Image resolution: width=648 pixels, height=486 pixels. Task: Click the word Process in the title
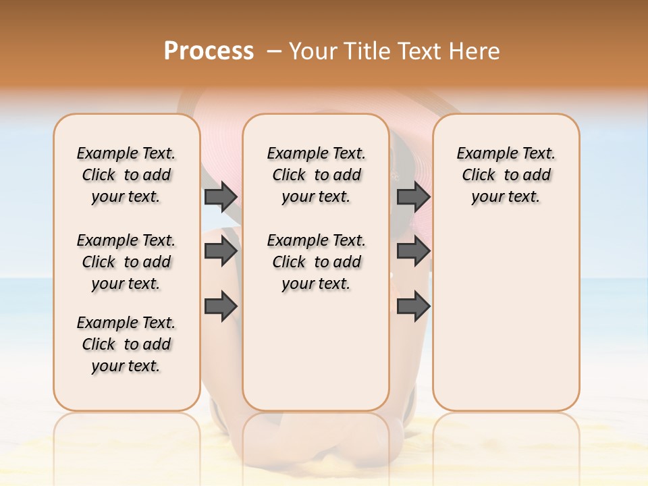(209, 51)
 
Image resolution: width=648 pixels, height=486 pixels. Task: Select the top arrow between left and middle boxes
(221, 196)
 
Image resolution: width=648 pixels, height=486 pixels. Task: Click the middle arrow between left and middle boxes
(221, 251)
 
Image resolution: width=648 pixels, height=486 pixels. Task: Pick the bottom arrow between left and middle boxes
(221, 306)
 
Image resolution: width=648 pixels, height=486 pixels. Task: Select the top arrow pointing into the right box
(413, 196)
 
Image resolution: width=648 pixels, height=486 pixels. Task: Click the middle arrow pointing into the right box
(413, 251)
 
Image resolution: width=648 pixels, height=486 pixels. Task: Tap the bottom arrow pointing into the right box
(413, 306)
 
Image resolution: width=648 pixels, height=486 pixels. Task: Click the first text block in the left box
(126, 175)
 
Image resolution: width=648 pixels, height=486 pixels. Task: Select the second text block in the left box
(126, 262)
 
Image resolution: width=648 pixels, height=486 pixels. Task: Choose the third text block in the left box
(126, 344)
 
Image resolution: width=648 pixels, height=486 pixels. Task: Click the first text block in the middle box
(316, 175)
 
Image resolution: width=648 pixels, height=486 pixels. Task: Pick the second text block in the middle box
(316, 262)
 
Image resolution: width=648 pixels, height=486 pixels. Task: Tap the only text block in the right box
(506, 175)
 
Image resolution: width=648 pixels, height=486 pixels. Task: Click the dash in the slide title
(274, 51)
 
